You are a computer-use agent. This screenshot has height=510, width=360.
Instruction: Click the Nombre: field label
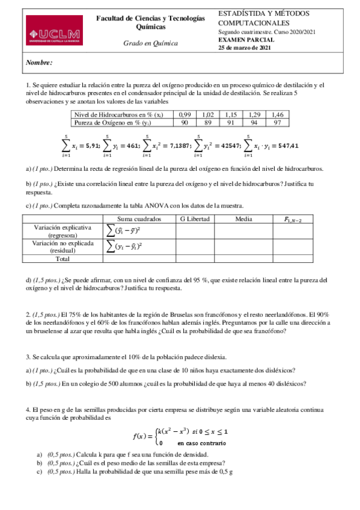(x=40, y=63)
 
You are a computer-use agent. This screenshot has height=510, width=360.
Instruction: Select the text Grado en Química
(x=150, y=44)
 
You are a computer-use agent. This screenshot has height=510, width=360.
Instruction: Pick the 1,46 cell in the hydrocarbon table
(x=277, y=114)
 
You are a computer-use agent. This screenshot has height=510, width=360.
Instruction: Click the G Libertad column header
(x=194, y=219)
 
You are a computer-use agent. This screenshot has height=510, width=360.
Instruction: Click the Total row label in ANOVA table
(x=63, y=259)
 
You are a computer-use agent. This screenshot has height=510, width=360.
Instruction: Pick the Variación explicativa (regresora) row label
(x=63, y=232)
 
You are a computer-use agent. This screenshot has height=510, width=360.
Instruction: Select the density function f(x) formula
(x=180, y=437)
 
